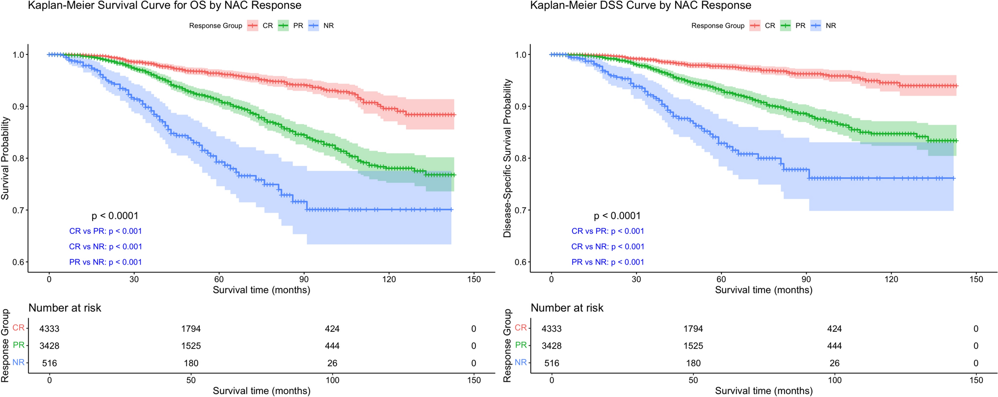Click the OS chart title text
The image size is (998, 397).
pyautogui.click(x=164, y=6)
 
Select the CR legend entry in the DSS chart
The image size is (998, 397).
pyautogui.click(x=770, y=26)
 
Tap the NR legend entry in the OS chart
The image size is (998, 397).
pyautogui.click(x=328, y=26)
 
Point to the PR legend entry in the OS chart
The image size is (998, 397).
pyautogui.click(x=298, y=26)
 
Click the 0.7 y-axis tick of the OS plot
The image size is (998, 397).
pyautogui.click(x=18, y=210)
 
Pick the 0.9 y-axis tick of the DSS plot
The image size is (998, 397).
pyautogui.click(x=520, y=106)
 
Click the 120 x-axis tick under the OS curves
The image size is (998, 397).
pyautogui.click(x=389, y=279)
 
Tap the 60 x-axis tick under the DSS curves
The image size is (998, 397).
pyautogui.click(x=721, y=279)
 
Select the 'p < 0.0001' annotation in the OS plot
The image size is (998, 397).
pyautogui.click(x=115, y=216)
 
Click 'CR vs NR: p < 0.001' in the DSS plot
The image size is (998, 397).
pyautogui.click(x=607, y=247)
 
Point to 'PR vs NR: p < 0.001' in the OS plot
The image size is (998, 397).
pyautogui.click(x=105, y=262)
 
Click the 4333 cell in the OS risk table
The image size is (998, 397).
pyautogui.click(x=49, y=329)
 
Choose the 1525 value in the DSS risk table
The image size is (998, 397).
pyautogui.click(x=693, y=346)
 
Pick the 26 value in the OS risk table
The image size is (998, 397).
pyautogui.click(x=332, y=363)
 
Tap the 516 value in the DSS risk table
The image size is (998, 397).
pyautogui.click(x=552, y=363)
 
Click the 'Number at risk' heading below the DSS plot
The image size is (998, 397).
pyautogui.click(x=567, y=308)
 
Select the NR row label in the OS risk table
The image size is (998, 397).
pyautogui.click(x=19, y=363)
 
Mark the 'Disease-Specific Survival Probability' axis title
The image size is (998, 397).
pyautogui.click(x=507, y=158)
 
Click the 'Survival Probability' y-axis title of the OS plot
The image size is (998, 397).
pyautogui.click(x=5, y=158)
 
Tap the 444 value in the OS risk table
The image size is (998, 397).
pyautogui.click(x=332, y=346)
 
